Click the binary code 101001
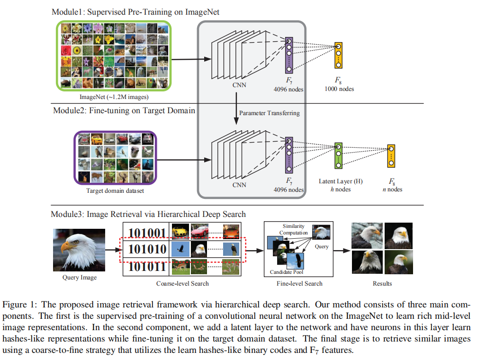(147, 233)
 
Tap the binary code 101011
(147, 267)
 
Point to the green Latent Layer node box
(338, 155)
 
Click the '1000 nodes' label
(340, 89)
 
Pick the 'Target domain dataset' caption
(115, 191)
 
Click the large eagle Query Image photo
(79, 249)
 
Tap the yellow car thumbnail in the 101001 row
(180, 232)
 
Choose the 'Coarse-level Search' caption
(182, 284)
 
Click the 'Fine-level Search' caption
(299, 283)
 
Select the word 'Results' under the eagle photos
(382, 283)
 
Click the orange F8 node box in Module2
(391, 155)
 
